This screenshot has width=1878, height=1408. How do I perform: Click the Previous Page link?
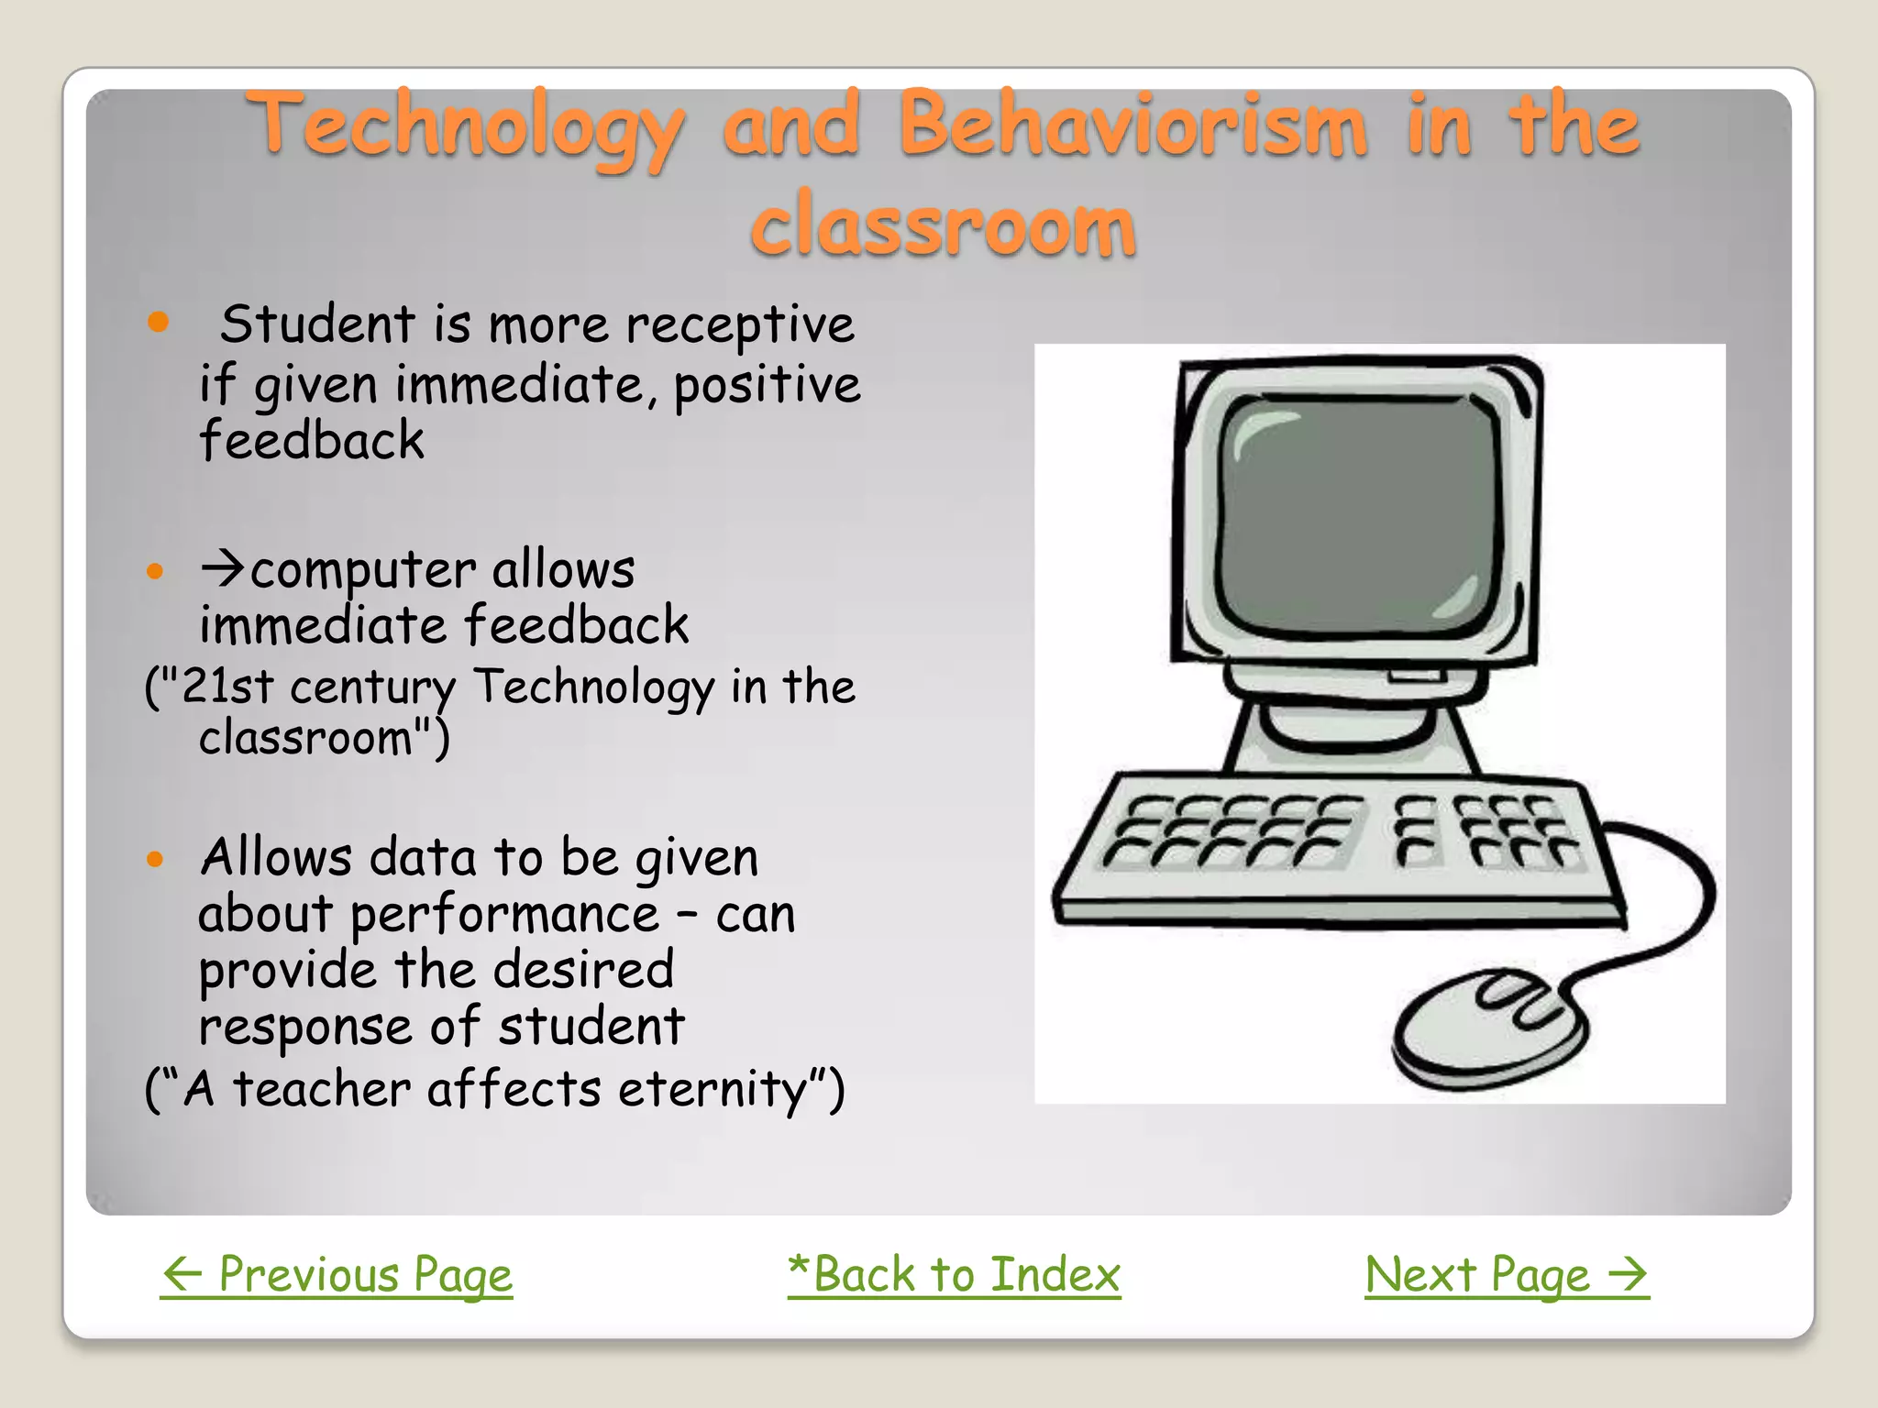(337, 1275)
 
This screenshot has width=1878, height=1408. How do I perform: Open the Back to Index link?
(954, 1275)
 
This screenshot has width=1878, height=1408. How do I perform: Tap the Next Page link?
(1507, 1275)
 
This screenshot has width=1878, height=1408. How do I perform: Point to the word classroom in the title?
(943, 225)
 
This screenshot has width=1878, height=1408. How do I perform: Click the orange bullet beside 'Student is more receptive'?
(159, 322)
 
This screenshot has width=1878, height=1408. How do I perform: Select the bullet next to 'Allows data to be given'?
(155, 859)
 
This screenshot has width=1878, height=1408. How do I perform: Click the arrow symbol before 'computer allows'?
(223, 569)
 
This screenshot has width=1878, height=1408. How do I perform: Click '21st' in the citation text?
(227, 687)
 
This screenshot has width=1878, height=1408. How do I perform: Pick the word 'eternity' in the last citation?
(712, 1090)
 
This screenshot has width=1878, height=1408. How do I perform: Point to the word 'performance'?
(504, 915)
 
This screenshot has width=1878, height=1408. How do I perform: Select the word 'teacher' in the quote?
(321, 1090)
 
